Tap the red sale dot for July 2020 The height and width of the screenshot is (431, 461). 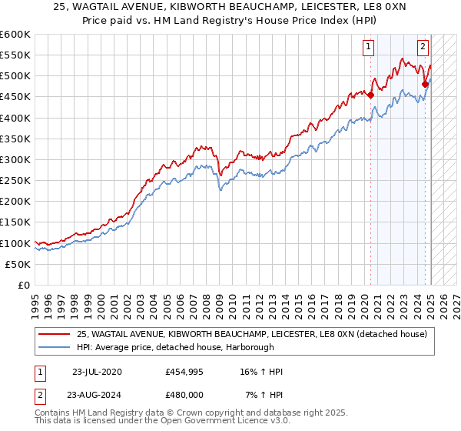(x=370, y=95)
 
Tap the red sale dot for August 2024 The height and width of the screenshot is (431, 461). (x=425, y=85)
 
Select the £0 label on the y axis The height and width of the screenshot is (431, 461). (x=23, y=285)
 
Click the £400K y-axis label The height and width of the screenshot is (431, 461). (x=15, y=118)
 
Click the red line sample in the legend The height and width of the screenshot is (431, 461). (x=55, y=333)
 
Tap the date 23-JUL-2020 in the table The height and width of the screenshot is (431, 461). (x=96, y=372)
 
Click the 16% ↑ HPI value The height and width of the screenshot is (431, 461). (x=261, y=372)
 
